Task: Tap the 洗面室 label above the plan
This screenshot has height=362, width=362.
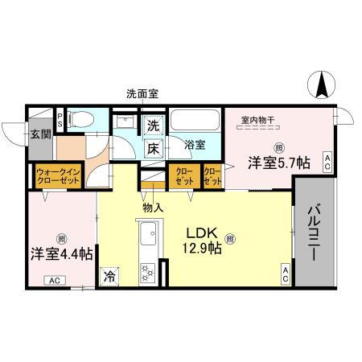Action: pyautogui.click(x=142, y=93)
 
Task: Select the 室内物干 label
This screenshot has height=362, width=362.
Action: pyautogui.click(x=257, y=121)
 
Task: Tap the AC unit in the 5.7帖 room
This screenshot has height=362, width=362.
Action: pyautogui.click(x=327, y=162)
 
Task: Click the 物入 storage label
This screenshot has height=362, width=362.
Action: pyautogui.click(x=153, y=208)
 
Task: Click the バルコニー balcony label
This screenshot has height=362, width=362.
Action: pyautogui.click(x=314, y=234)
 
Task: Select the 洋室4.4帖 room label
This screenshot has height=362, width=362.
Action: pyautogui.click(x=61, y=253)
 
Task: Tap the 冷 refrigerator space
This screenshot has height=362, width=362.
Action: pyautogui.click(x=109, y=275)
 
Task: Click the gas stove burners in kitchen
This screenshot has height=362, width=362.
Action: pyautogui.click(x=148, y=272)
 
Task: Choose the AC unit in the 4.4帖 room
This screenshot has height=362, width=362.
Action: pyautogui.click(x=55, y=281)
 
